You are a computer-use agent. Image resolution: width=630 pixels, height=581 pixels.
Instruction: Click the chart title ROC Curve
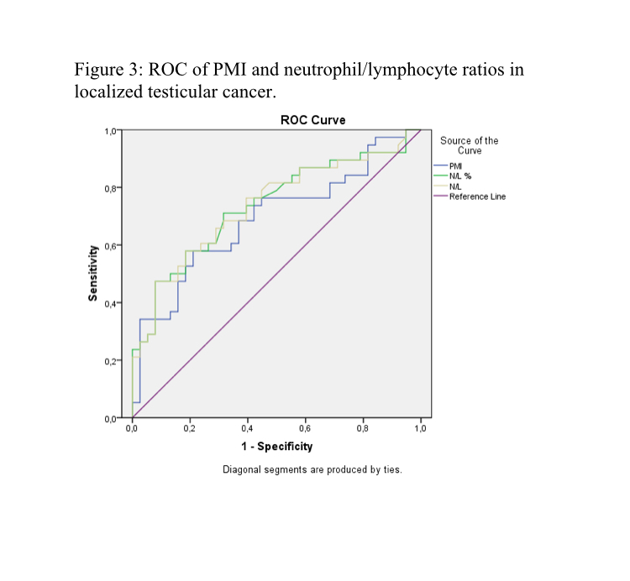pos(312,120)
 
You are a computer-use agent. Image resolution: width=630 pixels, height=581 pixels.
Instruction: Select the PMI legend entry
pos(455,166)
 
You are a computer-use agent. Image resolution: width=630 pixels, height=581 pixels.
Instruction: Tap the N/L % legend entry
pos(459,176)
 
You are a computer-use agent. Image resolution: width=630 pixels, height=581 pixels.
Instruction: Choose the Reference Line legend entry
pos(477,196)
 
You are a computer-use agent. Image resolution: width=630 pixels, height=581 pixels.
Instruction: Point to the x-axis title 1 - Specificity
pos(276,447)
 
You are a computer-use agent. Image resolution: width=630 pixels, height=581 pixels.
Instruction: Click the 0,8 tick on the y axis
pos(109,188)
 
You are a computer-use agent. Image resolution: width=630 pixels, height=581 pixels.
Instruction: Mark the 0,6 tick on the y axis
pos(109,245)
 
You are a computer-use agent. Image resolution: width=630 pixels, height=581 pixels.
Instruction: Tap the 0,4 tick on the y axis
pos(109,303)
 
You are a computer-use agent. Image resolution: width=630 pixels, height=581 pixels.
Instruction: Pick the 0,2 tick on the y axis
pos(109,361)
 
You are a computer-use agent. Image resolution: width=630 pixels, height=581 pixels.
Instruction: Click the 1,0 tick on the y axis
pos(109,131)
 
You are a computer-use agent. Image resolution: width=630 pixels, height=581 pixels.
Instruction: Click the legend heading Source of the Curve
pos(469,145)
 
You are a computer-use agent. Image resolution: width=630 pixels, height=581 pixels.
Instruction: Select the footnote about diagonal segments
pos(312,469)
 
